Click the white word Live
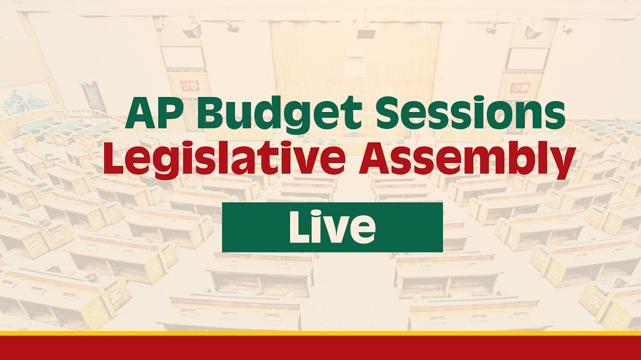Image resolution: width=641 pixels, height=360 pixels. tap(332, 227)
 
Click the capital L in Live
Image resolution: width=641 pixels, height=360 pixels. tap(300, 227)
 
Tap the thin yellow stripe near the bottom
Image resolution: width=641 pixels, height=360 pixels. tap(320, 333)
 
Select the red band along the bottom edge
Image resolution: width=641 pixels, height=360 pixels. tap(320, 348)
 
